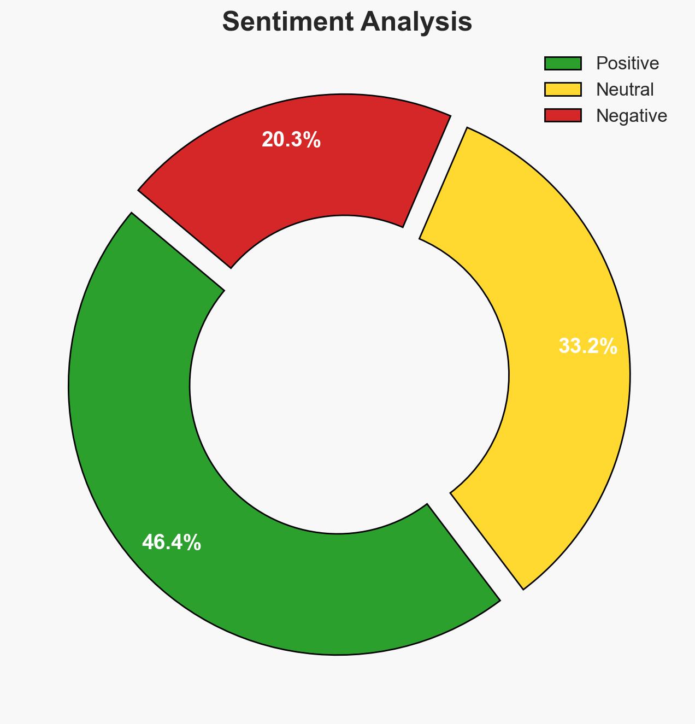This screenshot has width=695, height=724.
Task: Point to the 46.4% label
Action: [x=172, y=543]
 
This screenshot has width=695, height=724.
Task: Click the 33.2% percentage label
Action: [x=588, y=346]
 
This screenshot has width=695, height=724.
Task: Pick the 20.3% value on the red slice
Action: [x=291, y=140]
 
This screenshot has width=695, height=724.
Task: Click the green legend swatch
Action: [x=563, y=63]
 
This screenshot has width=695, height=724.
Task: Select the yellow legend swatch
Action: [x=563, y=89]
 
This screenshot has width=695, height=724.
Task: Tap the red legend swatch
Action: [x=563, y=115]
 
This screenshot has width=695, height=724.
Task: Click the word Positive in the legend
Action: [x=627, y=63]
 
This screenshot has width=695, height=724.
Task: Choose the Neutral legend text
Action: [x=625, y=89]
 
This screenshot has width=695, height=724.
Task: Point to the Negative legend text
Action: [x=631, y=115]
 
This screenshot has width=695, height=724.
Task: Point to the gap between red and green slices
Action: [x=180, y=240]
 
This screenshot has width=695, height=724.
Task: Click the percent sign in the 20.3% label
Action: [x=313, y=140]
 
